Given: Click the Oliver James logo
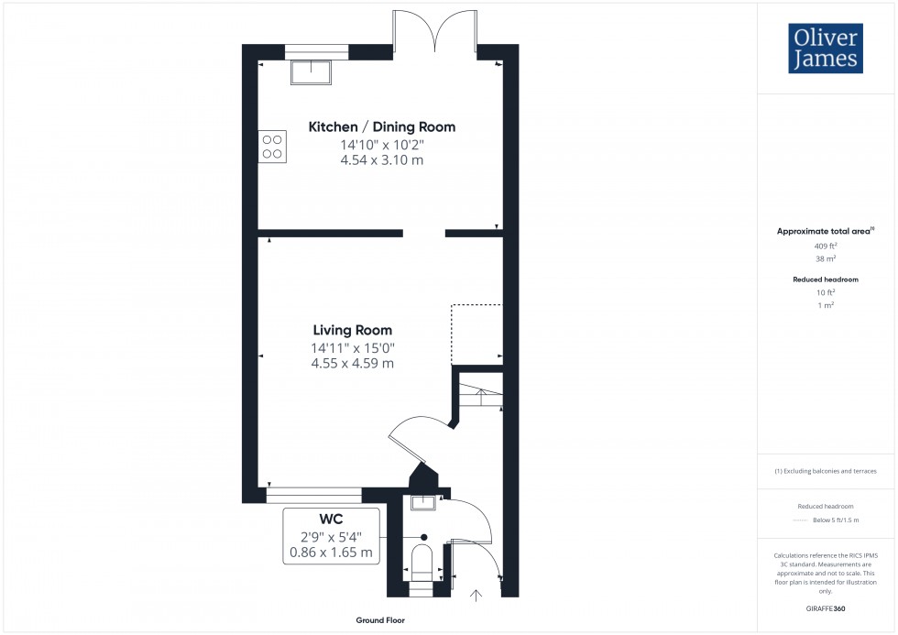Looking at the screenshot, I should point(825,49).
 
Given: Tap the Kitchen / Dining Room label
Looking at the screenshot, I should point(381,127).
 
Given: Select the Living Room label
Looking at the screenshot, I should point(352,330).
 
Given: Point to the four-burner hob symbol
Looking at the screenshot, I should point(272,146).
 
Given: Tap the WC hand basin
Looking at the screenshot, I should point(423,502).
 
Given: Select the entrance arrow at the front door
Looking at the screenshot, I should point(476,597).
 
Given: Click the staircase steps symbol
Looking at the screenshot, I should point(479,395).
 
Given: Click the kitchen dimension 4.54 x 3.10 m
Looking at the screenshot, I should point(381,160).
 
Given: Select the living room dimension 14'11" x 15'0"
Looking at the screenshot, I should point(353,347).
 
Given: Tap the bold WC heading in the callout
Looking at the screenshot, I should point(331,520).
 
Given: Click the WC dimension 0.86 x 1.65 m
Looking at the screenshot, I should point(331,553).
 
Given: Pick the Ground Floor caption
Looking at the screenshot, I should point(380,620).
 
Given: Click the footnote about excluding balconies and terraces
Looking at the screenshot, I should point(826,471).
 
